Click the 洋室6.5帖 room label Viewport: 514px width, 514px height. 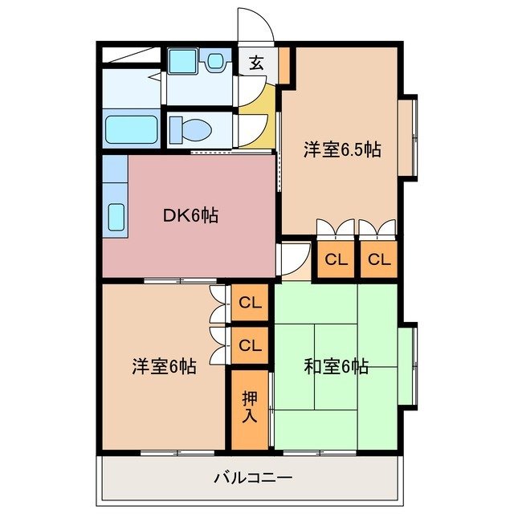[x=341, y=149]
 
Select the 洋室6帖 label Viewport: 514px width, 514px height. [x=164, y=366]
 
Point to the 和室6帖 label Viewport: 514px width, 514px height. [x=336, y=367]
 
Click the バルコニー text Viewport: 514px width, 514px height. [x=253, y=478]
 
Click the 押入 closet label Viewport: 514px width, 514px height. [x=250, y=408]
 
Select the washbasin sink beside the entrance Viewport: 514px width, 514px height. [x=215, y=61]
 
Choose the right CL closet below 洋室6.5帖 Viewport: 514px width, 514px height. [x=378, y=259]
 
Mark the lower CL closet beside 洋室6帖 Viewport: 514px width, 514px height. [x=251, y=345]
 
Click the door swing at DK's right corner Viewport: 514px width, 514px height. [x=291, y=257]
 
